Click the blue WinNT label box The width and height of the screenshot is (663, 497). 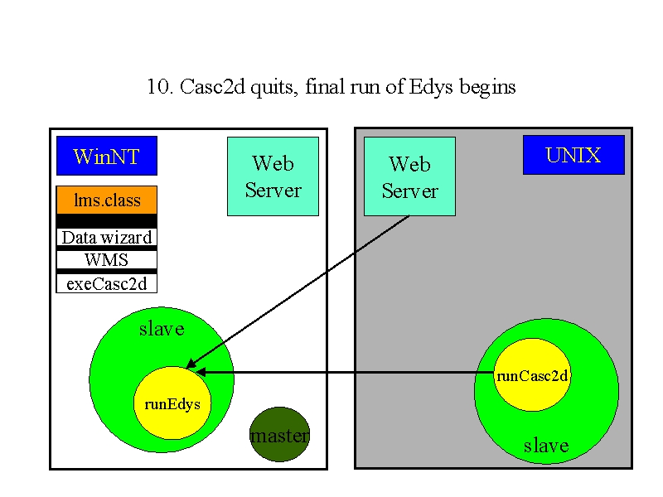[107, 156]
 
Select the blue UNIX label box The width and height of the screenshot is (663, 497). [573, 155]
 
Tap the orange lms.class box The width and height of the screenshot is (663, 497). [107, 200]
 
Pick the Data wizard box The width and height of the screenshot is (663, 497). [107, 237]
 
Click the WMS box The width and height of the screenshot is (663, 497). [107, 259]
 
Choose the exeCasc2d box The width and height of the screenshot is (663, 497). [107, 283]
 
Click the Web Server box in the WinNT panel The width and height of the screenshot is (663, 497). [273, 176]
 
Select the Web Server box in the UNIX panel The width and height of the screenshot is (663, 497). [409, 176]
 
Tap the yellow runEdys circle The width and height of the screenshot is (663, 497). [172, 403]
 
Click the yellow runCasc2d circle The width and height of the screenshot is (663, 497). [532, 374]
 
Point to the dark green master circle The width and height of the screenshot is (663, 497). [280, 434]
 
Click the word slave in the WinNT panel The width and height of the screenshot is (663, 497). [162, 329]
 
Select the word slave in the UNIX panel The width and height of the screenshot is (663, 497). [546, 446]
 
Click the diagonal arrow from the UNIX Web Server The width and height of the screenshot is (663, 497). [298, 292]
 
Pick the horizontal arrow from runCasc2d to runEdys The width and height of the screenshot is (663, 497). [345, 372]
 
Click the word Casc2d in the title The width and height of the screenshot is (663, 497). [212, 87]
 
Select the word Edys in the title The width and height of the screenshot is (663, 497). [431, 88]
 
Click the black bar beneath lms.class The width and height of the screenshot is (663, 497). [107, 221]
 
